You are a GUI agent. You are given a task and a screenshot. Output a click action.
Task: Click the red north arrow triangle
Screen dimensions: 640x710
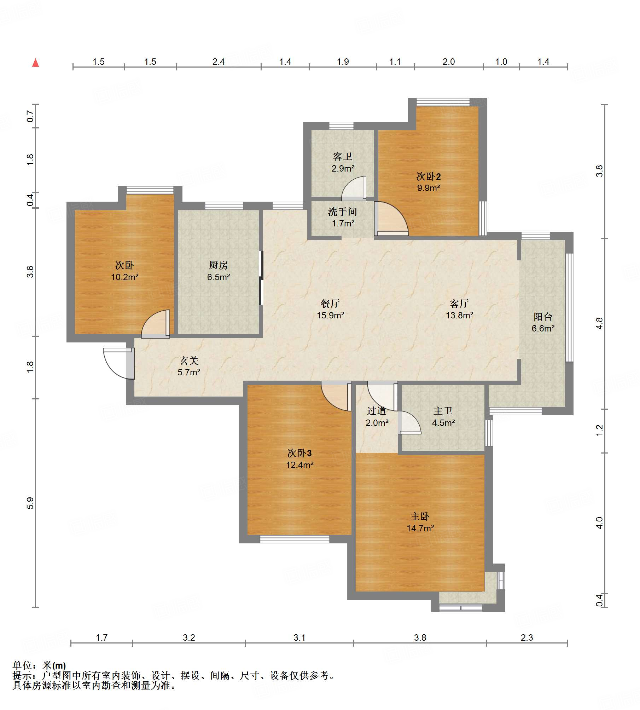(x=35, y=63)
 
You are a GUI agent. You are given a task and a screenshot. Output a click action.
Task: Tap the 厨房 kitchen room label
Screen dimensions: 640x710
(x=218, y=265)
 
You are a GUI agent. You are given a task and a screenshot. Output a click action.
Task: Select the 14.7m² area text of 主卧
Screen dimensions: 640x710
(x=420, y=528)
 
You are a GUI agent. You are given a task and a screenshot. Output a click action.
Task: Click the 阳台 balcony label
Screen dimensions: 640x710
(x=543, y=317)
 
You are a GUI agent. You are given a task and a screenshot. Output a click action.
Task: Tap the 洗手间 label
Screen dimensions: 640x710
(x=342, y=212)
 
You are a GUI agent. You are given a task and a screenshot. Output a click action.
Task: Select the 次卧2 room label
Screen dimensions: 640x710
(x=429, y=176)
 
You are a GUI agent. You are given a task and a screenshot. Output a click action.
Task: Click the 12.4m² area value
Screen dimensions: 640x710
(x=299, y=465)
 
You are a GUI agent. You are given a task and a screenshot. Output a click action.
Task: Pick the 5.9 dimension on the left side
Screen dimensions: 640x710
(x=30, y=503)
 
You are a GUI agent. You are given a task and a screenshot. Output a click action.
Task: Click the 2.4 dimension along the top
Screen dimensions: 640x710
(x=219, y=62)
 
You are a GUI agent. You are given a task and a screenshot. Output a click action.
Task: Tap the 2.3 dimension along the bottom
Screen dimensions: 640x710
(x=526, y=637)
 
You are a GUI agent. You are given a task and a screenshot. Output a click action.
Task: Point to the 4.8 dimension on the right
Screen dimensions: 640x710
(x=599, y=323)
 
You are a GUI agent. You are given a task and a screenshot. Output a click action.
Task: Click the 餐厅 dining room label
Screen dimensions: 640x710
(x=330, y=303)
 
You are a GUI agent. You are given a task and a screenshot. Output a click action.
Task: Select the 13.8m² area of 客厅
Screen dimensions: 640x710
(x=459, y=315)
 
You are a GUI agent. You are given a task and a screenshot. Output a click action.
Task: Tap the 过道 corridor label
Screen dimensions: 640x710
(x=376, y=411)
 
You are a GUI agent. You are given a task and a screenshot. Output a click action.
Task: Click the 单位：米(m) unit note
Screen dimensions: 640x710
(x=39, y=666)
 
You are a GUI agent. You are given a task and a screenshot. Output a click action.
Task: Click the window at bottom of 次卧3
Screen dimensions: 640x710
(x=295, y=539)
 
